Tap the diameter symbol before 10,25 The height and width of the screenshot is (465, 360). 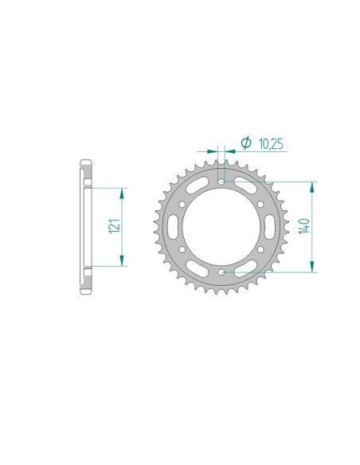pyautogui.click(x=246, y=143)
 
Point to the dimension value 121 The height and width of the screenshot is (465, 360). pyautogui.click(x=112, y=227)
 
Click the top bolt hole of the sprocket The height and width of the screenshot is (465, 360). pyautogui.click(x=220, y=182)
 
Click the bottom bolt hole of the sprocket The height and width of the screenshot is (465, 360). pyautogui.click(x=220, y=273)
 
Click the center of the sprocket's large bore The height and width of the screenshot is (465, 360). pyautogui.click(x=220, y=228)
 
